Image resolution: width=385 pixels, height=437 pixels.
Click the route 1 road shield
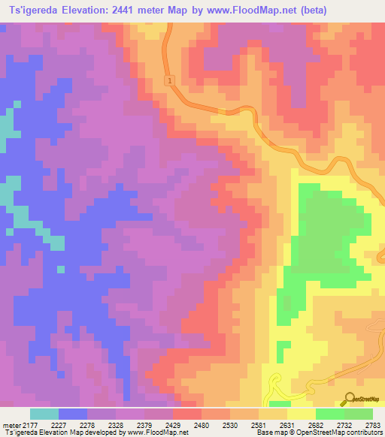pyautogui.click(x=171, y=80)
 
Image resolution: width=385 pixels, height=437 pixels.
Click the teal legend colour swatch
pyautogui.click(x=44, y=414)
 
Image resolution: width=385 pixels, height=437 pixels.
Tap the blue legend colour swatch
pyautogui.click(x=73, y=414)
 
